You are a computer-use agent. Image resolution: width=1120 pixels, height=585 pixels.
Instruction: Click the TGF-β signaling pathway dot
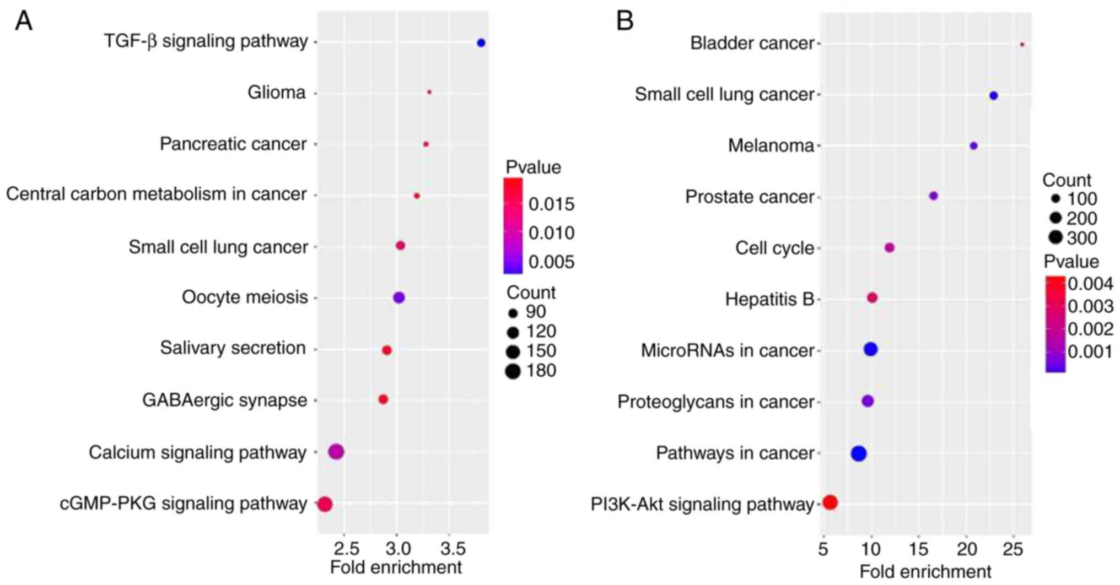pos(481,42)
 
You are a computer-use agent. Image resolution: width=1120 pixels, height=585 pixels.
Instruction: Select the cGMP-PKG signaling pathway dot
pos(325,503)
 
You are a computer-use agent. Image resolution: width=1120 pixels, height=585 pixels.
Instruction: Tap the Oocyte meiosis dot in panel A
pos(399,297)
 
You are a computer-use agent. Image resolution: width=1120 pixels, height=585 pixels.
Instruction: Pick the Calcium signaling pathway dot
pos(336,452)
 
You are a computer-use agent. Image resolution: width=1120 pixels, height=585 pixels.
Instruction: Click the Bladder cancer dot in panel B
pos(1022,44)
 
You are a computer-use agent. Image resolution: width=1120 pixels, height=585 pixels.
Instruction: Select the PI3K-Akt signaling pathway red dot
pos(830,502)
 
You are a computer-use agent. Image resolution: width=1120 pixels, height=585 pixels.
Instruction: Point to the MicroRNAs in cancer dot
pos(870,349)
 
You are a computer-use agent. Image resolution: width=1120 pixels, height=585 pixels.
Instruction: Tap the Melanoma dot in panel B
pos(973,146)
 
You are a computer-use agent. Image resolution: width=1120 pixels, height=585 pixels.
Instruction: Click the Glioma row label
pos(276,93)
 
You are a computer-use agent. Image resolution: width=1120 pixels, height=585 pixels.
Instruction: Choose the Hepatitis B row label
pos(769,299)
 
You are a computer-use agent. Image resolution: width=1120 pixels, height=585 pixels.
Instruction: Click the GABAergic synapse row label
pos(224,400)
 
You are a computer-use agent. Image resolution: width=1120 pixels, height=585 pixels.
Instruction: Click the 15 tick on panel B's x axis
pos(918,550)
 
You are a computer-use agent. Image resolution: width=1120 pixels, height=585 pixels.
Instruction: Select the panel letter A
pos(24,21)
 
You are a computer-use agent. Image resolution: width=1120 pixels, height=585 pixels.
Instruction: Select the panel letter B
pos(624,21)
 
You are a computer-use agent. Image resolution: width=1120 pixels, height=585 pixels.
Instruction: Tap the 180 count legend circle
pos(513,371)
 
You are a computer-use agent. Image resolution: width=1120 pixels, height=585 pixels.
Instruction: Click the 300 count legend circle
pos(1056,238)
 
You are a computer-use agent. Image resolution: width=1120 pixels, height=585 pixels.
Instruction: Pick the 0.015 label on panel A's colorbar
pos(551,204)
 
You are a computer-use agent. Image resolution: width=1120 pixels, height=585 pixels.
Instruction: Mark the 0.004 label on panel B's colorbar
pos(1090,284)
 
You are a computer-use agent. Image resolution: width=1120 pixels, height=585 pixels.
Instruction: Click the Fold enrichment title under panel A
pos(396,567)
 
